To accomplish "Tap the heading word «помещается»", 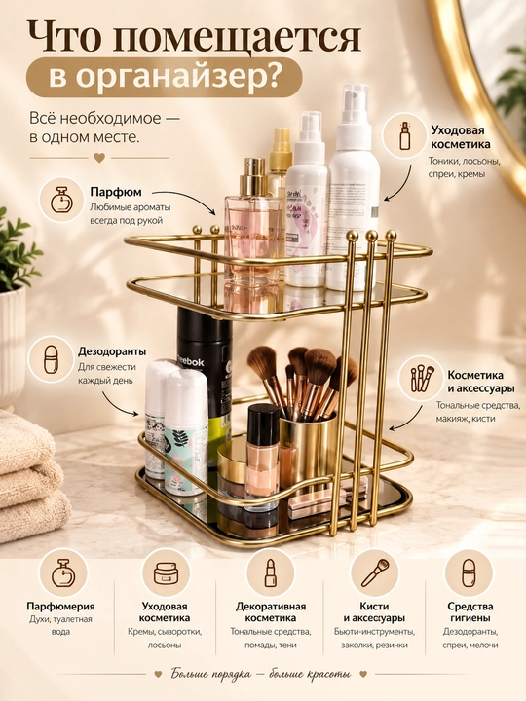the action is tap(237, 38).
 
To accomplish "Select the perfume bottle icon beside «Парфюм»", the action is tap(62, 200).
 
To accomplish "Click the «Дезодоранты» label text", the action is tap(112, 351).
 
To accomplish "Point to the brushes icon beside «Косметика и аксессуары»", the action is tap(423, 378).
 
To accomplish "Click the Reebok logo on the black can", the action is tap(191, 361).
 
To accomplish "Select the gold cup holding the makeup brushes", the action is tap(308, 445).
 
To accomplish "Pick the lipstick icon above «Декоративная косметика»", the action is tap(271, 572).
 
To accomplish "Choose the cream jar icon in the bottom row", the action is tap(166, 572).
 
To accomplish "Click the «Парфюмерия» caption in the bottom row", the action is tap(60, 607).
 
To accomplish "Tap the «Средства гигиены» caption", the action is tap(470, 612).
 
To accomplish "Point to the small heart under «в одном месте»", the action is tap(99, 158).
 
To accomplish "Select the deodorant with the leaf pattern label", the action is tap(186, 431).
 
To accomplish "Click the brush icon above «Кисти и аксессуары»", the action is tap(375, 572).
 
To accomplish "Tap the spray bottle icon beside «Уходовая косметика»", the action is tap(405, 135).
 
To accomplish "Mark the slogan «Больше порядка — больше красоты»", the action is tap(261, 674).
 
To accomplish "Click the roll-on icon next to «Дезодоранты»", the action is tap(52, 359).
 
